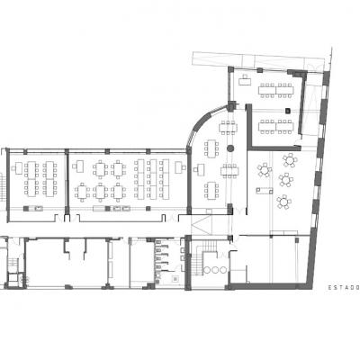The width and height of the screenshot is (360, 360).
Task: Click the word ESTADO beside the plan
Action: [344, 287]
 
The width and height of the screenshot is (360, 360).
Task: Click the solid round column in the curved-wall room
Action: [230, 148]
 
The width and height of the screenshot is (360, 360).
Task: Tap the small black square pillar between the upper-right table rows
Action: [288, 111]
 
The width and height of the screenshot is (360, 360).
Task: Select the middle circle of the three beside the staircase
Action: [215, 270]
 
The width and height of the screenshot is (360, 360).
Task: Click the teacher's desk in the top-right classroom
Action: [245, 80]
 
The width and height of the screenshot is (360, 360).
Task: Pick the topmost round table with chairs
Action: [290, 160]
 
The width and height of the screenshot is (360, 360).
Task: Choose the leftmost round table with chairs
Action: [265, 170]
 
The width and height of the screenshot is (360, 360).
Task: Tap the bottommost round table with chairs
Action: [283, 202]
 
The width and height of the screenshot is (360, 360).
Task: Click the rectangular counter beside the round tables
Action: [265, 191]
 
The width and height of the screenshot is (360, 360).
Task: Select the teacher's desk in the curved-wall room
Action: [200, 169]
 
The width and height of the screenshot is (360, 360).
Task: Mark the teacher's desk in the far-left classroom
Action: [18, 167]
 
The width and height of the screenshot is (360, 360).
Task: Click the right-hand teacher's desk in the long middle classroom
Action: [179, 166]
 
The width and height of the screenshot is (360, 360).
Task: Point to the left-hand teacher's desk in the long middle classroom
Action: [79, 166]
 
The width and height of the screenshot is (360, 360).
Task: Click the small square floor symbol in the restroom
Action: [175, 279]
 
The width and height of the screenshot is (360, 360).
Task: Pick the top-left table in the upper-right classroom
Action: [267, 90]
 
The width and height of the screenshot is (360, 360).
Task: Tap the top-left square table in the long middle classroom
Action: [100, 169]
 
